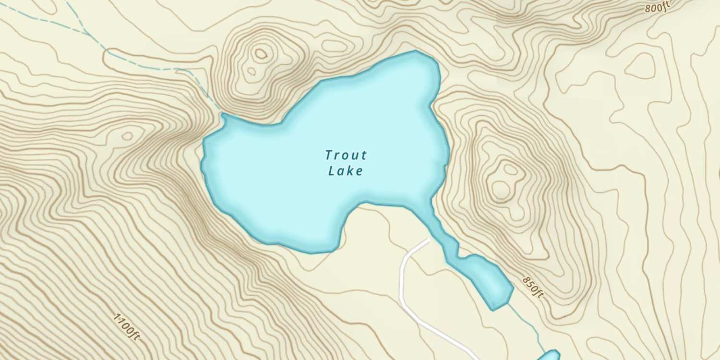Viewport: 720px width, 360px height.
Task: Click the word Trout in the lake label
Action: [346, 155]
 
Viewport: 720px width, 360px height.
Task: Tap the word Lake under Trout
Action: [345, 171]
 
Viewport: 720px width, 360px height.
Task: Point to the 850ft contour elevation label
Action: [533, 287]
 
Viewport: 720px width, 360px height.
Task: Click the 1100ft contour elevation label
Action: [127, 327]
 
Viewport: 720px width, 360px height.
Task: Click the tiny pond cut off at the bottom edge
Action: [549, 356]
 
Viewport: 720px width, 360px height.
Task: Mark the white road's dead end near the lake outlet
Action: [428, 239]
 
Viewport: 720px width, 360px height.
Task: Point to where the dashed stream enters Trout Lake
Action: [222, 114]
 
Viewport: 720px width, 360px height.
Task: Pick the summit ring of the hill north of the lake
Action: [261, 54]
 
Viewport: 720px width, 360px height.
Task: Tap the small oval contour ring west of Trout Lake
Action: [127, 136]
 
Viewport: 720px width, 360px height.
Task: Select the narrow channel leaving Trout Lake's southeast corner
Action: [439, 226]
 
